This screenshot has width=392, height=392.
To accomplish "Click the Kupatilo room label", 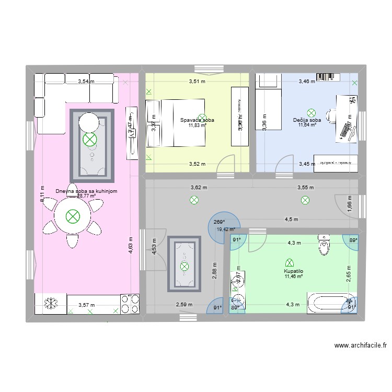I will coord(294,271).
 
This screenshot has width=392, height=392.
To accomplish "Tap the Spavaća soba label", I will coord(197,120).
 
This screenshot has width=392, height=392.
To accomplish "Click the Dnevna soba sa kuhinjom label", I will coord(86,191).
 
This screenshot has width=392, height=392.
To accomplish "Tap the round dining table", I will coord(73,216).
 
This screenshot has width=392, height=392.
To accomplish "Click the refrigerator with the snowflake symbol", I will coord(51,303).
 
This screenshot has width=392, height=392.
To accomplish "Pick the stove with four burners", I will coord(130,303).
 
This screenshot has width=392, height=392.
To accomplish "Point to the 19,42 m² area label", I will coord(226,229).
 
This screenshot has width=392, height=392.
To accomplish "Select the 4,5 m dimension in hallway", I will coord(291,220).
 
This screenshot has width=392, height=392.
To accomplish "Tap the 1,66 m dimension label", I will coord(350,204).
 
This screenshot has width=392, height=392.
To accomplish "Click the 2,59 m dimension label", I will coord(184,305).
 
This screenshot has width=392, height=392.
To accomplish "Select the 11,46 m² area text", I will coord(294,276).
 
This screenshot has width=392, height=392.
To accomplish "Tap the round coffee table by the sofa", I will coord(89,123).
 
